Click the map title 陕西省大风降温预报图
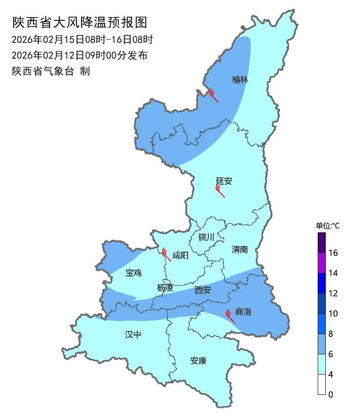80,22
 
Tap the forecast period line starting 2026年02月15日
82,40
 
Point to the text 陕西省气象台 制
51,71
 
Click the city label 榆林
240,80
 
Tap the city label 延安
224,181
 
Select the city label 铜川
207,237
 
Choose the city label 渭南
240,249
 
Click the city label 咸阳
180,255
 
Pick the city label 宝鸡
134,272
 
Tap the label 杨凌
165,288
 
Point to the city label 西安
202,290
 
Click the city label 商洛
243,312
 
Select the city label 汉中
133,334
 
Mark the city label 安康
198,361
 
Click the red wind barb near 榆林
213,95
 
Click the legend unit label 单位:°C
328,226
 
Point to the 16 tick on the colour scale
333,253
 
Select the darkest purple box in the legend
321,243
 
